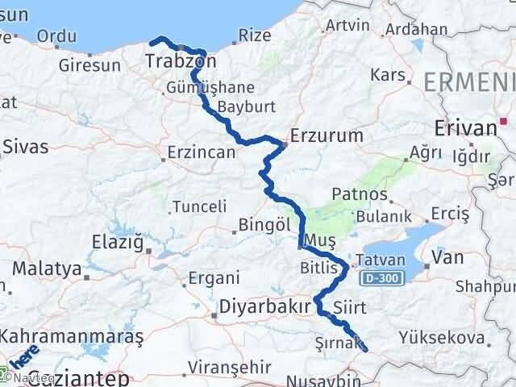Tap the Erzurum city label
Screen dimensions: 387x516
pyautogui.click(x=327, y=135)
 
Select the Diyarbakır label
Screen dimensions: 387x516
pyautogui.click(x=264, y=307)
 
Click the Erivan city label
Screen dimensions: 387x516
pyautogui.click(x=464, y=127)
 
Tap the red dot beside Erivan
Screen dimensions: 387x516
pyautogui.click(x=503, y=123)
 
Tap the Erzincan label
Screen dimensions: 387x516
pyautogui.click(x=201, y=151)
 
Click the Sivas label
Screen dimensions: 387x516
pyautogui.click(x=25, y=147)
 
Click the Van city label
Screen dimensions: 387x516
pyautogui.click(x=447, y=257)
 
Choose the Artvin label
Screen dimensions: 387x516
pyautogui.click(x=347, y=25)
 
